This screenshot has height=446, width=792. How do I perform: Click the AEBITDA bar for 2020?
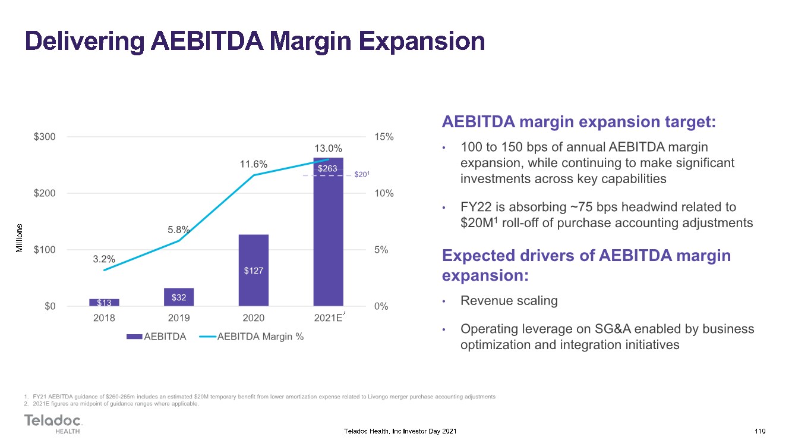254,270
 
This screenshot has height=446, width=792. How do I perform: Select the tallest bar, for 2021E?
328,232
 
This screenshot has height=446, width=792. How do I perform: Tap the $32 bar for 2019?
179,297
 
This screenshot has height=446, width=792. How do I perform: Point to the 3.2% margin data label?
104,259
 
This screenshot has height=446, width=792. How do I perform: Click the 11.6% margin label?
254,164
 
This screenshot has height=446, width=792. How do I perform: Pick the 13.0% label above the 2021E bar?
328,148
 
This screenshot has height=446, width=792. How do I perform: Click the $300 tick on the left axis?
45,137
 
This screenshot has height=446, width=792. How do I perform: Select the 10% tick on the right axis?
384,193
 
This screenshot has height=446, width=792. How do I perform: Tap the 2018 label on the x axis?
104,318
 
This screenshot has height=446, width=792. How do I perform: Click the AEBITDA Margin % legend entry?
251,337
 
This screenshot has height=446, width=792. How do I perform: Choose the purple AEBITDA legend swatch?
134,337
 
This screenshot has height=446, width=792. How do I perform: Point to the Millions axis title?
19,238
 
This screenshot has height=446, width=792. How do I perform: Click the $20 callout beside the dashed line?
362,174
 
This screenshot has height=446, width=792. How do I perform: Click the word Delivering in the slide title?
85,42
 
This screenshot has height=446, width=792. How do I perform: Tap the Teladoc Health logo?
53,423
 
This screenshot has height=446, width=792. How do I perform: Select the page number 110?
760,431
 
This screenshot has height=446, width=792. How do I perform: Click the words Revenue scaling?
509,300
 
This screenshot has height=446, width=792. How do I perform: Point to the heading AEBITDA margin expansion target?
579,122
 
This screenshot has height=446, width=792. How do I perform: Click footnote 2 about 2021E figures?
111,404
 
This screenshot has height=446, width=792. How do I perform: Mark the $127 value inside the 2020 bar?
254,271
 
